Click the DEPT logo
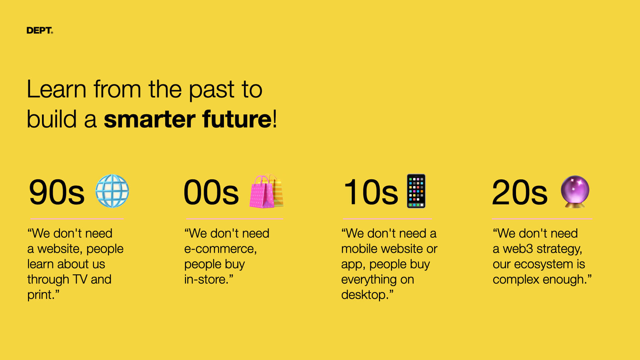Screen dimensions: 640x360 tap(40, 30)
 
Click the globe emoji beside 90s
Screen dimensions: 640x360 tap(112, 191)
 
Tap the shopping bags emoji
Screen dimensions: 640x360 tap(266, 191)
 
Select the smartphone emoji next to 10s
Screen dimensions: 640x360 tap(416, 191)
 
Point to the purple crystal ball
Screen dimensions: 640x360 tap(575, 191)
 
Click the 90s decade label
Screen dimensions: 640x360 tap(57, 192)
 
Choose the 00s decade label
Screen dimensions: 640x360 tap(211, 192)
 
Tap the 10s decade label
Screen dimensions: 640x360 tap(371, 192)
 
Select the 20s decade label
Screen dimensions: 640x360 tap(520, 192)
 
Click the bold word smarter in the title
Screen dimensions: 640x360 tap(149, 119)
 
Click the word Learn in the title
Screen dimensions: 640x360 tap(57, 89)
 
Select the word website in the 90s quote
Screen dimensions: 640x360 tap(58, 249)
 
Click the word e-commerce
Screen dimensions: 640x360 tap(220, 249)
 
